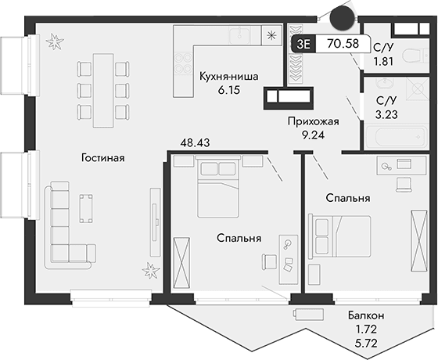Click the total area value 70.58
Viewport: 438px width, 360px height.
[x=343, y=45]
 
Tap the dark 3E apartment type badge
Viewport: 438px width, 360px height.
[x=303, y=45]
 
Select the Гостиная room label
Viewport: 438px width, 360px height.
[x=102, y=158]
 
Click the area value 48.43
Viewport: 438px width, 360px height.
[x=196, y=143]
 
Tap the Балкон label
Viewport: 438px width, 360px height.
[x=365, y=317]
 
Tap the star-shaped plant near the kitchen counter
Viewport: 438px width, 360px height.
[x=271, y=34]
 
